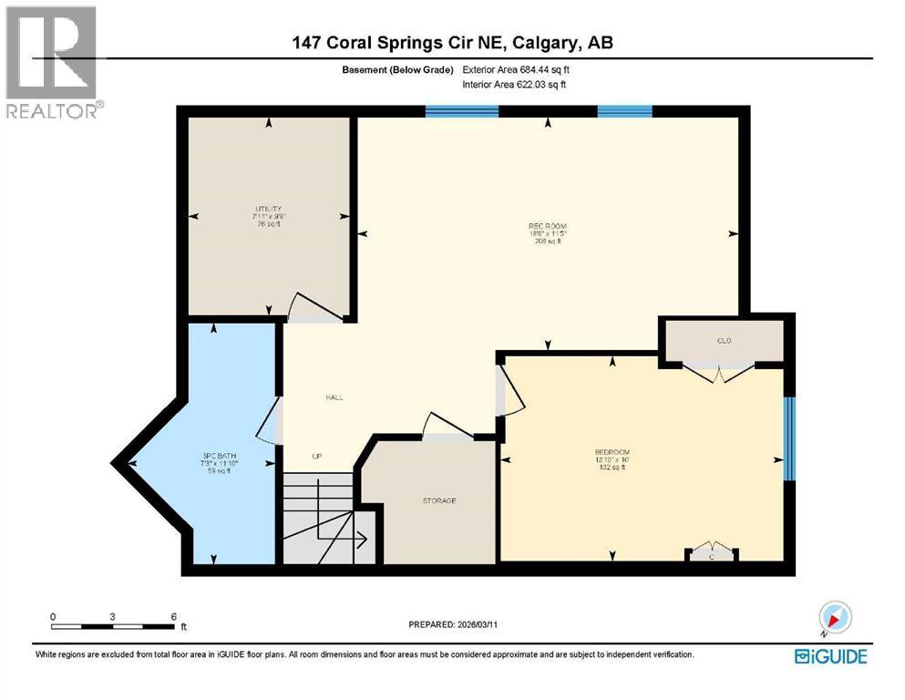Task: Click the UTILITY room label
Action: [x=268, y=208]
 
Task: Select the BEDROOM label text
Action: [x=612, y=452]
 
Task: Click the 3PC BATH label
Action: [x=216, y=456]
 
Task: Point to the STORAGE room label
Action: [x=438, y=500]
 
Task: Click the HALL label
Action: [x=334, y=397]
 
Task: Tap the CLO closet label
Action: [x=725, y=341]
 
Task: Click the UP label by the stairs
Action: [x=316, y=456]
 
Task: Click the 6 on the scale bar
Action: [x=173, y=616]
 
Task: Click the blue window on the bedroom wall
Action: [x=790, y=437]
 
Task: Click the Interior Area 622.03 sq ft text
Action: [x=515, y=84]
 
